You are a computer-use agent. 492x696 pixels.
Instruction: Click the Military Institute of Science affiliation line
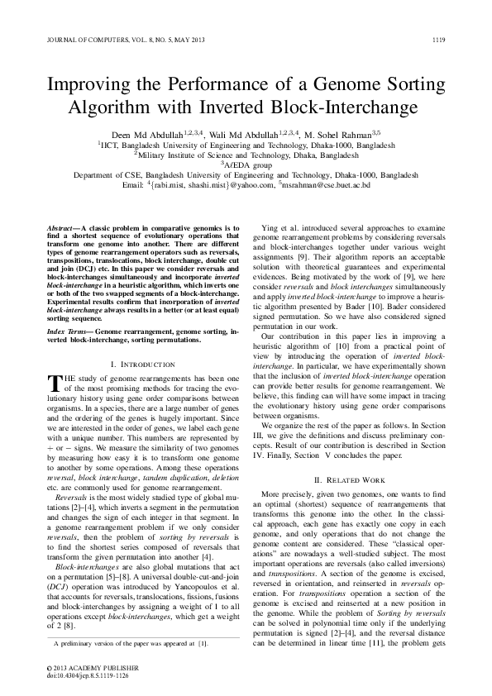click(246, 154)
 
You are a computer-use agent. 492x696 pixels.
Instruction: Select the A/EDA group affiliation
click(247, 164)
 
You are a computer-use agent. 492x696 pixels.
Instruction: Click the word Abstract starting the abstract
click(60, 226)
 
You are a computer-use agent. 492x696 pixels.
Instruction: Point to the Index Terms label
click(69, 330)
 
